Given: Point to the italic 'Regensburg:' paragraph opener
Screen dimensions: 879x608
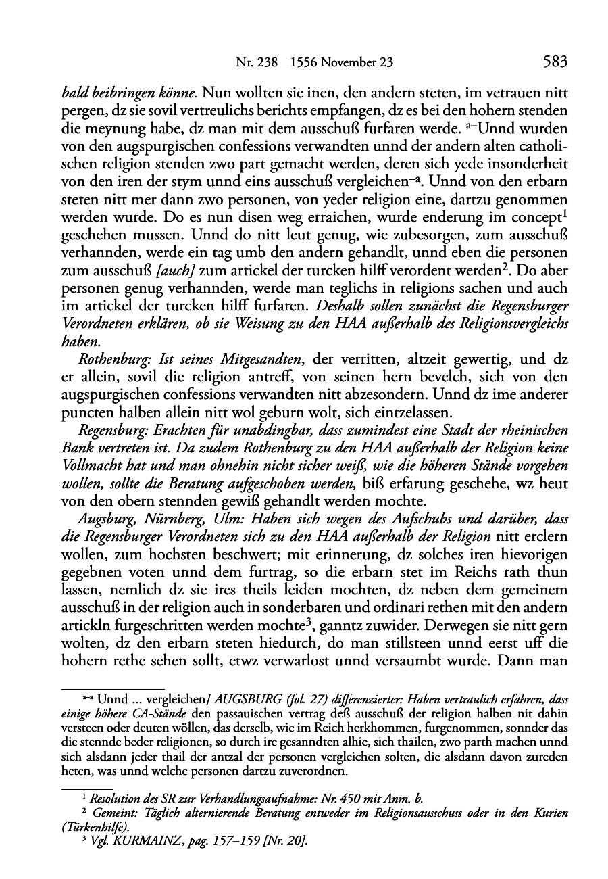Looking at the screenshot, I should [x=109, y=431].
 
